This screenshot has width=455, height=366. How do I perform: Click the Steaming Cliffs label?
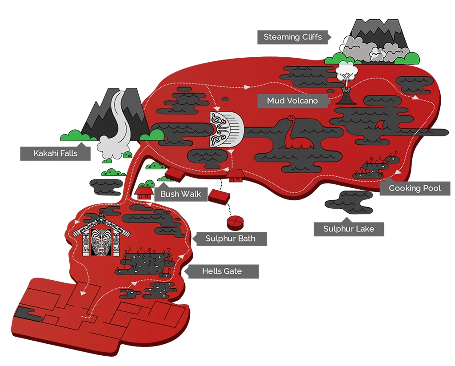[x=293, y=37]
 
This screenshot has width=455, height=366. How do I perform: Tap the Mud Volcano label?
[x=292, y=101]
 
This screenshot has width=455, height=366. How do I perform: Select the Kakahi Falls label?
[x=56, y=153]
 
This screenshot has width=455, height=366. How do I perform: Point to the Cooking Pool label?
[x=415, y=188]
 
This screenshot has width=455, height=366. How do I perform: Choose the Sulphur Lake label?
[x=348, y=229]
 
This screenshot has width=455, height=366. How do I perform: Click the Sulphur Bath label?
[x=230, y=239]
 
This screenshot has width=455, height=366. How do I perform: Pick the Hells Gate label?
[x=222, y=271]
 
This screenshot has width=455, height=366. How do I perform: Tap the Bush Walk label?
[x=180, y=194]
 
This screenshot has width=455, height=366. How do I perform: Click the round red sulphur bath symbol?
[x=235, y=221]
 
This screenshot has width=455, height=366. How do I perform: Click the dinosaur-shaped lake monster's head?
[x=291, y=118]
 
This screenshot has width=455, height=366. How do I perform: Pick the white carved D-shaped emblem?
[x=227, y=129]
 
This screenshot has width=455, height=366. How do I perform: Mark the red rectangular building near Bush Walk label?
[x=220, y=196]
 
